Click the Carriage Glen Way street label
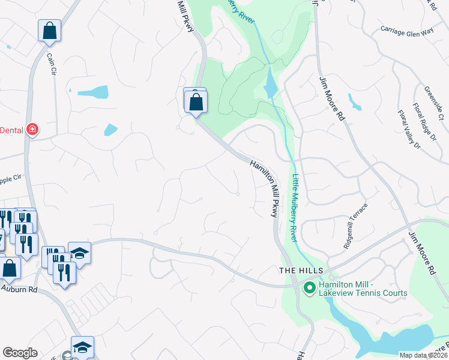point(408,30)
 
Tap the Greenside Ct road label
point(432,102)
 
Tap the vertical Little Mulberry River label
point(295,207)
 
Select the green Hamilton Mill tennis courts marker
point(310,289)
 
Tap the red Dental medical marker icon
point(32,130)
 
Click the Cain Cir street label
point(51,64)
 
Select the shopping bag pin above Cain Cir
point(49,30)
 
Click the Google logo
point(20,353)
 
